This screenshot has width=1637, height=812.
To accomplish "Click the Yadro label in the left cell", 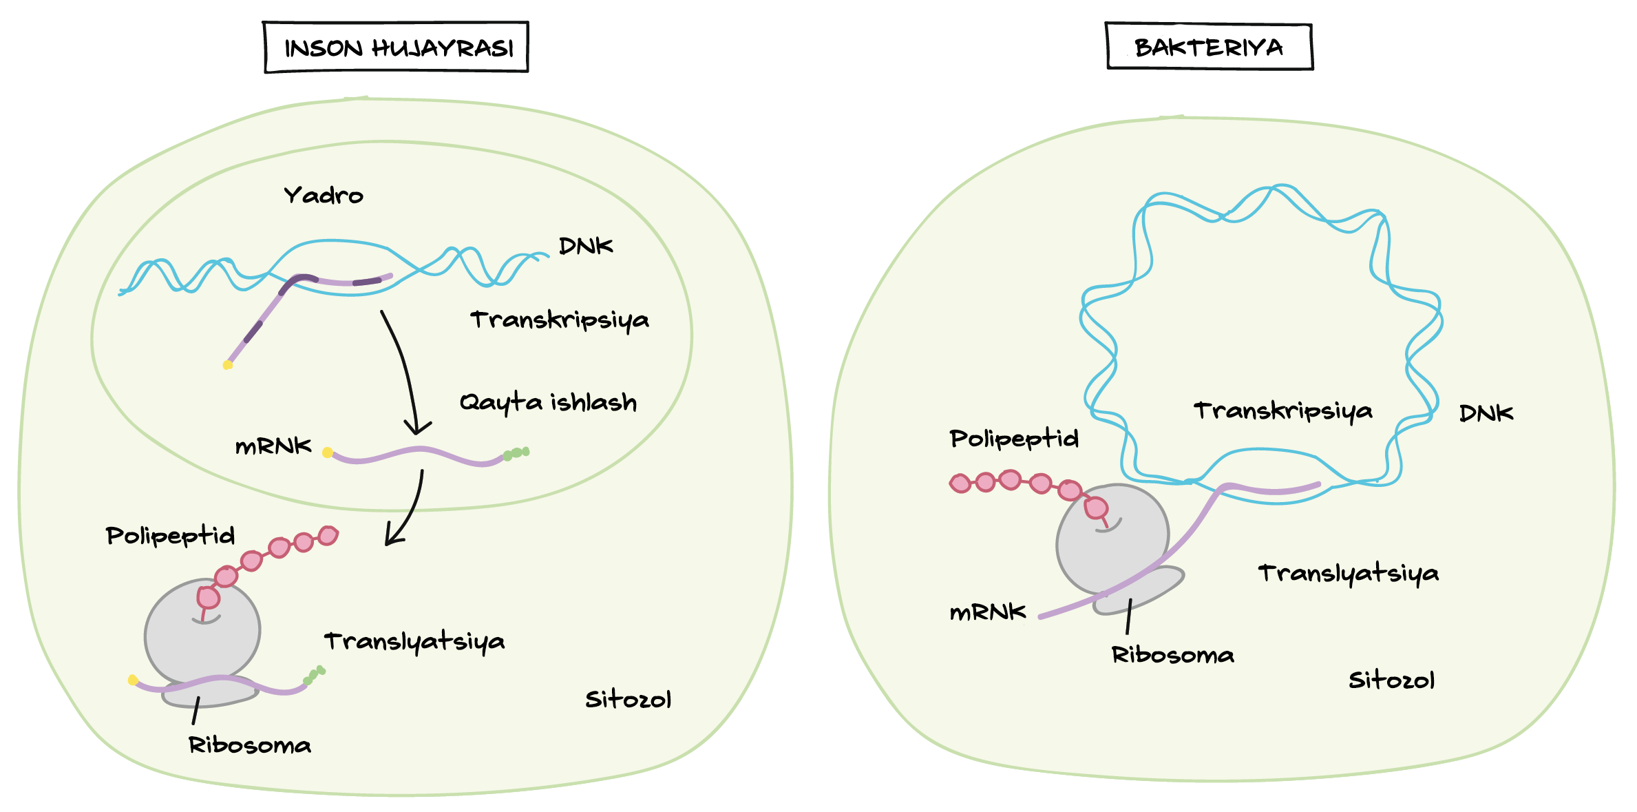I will pyautogui.click(x=324, y=196).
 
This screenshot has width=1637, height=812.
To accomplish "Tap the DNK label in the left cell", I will pyautogui.click(x=585, y=246).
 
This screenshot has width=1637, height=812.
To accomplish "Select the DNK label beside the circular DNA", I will pyautogui.click(x=1486, y=413).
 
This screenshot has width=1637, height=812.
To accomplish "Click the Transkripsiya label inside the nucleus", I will pyautogui.click(x=559, y=320).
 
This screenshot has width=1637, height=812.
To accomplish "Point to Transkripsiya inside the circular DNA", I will pyautogui.click(x=1282, y=411).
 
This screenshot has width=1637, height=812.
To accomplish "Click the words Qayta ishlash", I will pyautogui.click(x=548, y=402).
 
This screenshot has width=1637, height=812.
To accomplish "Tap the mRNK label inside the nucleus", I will pyautogui.click(x=273, y=447).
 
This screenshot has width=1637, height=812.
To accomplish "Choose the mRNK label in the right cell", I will pyautogui.click(x=987, y=612).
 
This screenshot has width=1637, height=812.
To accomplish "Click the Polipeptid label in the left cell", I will pyautogui.click(x=170, y=536).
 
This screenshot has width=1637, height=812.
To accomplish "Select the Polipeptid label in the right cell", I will pyautogui.click(x=1013, y=439).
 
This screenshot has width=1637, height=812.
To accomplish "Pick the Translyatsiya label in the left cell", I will pyautogui.click(x=414, y=642).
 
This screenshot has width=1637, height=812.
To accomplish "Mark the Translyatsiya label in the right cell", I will pyautogui.click(x=1348, y=574).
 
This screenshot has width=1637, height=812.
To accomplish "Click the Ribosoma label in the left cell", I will pyautogui.click(x=250, y=745).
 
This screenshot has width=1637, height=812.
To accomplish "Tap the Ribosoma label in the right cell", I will pyautogui.click(x=1172, y=655).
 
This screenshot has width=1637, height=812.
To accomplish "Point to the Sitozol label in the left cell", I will pyautogui.click(x=628, y=700).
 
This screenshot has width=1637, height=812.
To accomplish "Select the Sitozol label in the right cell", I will pyautogui.click(x=1391, y=680).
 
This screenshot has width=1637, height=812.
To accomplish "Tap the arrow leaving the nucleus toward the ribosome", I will pyautogui.click(x=410, y=510).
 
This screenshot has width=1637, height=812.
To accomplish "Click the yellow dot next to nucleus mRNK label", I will pyautogui.click(x=328, y=452).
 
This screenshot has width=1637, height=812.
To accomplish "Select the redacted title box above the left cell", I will pyautogui.click(x=396, y=48).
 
